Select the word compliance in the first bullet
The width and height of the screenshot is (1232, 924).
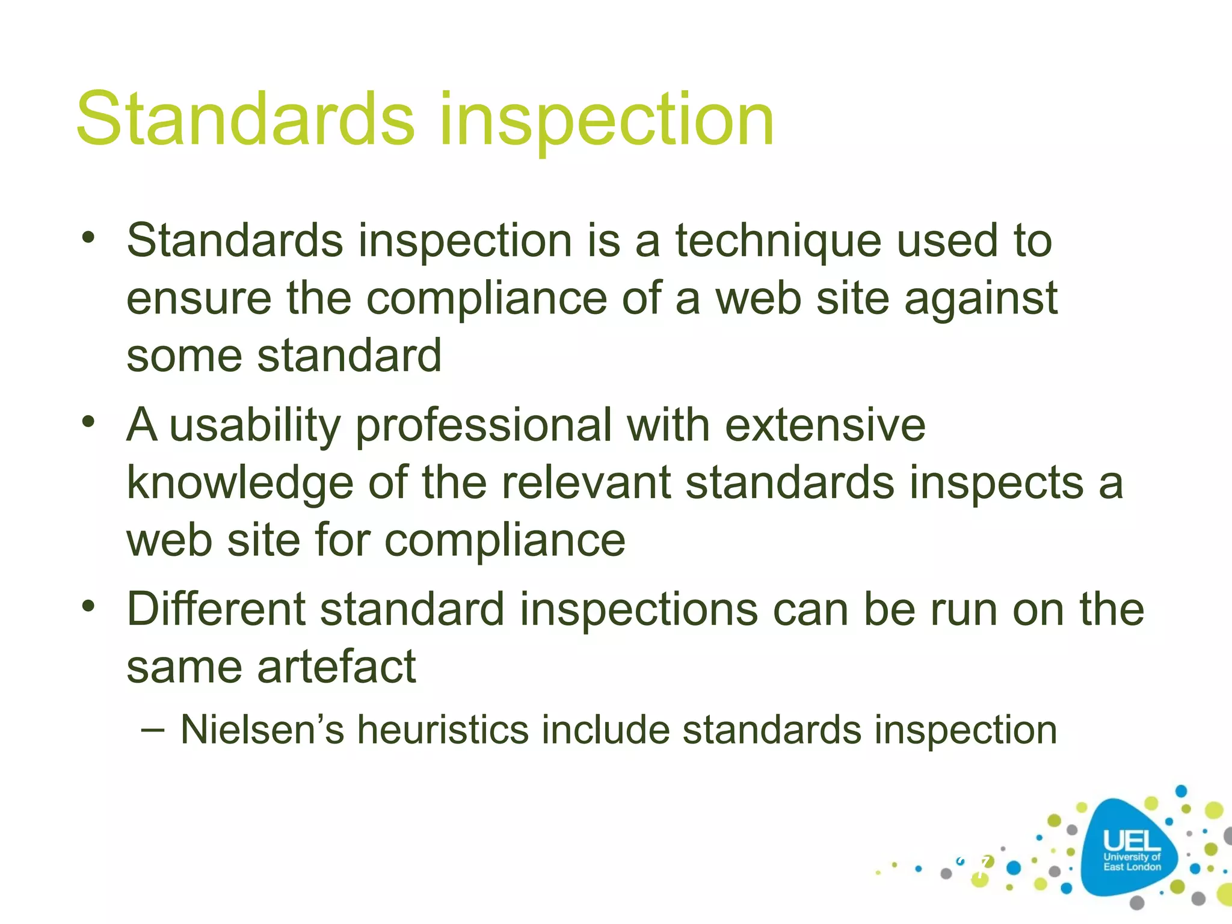coord(487,299)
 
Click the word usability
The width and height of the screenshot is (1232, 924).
coord(255,427)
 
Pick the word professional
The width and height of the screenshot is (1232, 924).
coord(484,427)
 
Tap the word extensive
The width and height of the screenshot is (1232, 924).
coord(825,425)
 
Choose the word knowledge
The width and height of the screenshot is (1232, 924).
coord(239,484)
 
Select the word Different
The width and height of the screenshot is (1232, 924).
coord(217,609)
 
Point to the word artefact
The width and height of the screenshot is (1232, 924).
coord(336,667)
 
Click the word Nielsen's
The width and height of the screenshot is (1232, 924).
coord(262,730)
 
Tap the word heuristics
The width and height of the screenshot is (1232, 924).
coord(442,730)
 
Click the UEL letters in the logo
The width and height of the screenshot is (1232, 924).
coord(1131,841)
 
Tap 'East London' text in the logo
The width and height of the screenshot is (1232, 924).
coord(1132,867)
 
